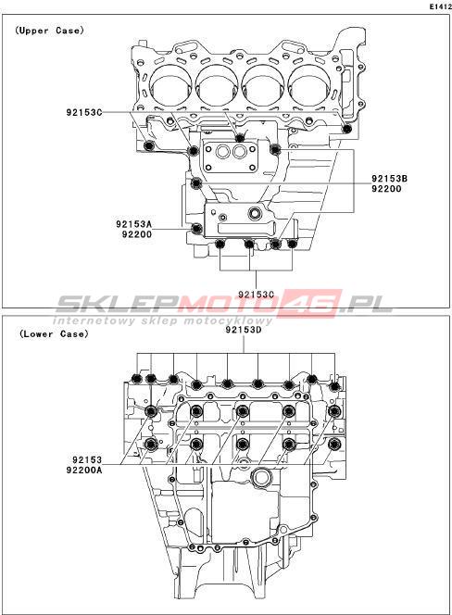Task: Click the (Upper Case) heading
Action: pos(49,31)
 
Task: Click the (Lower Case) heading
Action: pos(54,333)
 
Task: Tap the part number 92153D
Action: pos(244,330)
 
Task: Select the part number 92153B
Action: pos(390,179)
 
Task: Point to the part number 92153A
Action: pos(133,224)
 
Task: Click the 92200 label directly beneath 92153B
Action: pos(387,189)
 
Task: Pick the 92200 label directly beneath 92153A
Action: pos(136,234)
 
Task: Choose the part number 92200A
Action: pos(84,470)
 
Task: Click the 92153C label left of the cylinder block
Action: pos(84,113)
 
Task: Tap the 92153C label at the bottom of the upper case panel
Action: pos(257,295)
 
